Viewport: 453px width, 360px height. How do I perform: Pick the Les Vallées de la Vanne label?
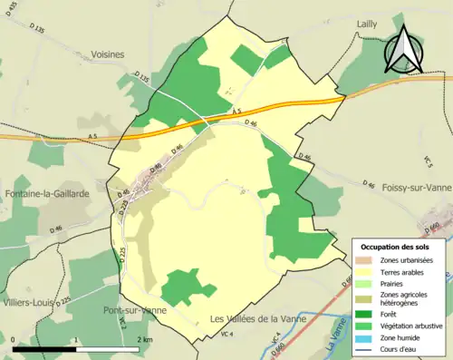point(258,319)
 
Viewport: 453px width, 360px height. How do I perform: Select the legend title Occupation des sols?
point(396,247)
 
